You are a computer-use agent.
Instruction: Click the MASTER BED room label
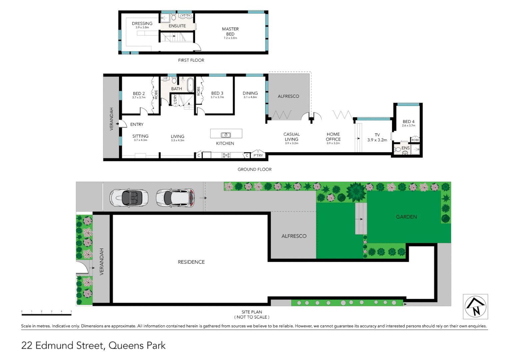click(230, 32)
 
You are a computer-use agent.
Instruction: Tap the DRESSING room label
click(142, 24)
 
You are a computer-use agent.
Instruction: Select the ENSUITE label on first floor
click(177, 26)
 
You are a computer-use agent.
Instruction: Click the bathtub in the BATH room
click(190, 85)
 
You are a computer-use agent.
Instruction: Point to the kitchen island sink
click(226, 135)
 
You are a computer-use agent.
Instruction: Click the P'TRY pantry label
click(258, 155)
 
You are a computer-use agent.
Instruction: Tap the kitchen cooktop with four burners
click(226, 155)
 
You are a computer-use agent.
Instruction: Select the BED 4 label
click(408, 122)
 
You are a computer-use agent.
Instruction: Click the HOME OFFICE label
click(333, 137)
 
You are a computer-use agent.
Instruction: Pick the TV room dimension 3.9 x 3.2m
click(377, 140)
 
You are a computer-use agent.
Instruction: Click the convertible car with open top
click(129, 198)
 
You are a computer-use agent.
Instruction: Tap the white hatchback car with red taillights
click(175, 198)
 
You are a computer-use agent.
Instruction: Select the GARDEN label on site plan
click(406, 217)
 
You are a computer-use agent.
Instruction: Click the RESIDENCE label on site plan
click(191, 262)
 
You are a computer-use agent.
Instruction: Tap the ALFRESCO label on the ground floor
click(288, 96)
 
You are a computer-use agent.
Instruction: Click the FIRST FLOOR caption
click(191, 60)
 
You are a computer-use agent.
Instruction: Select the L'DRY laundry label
click(175, 99)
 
